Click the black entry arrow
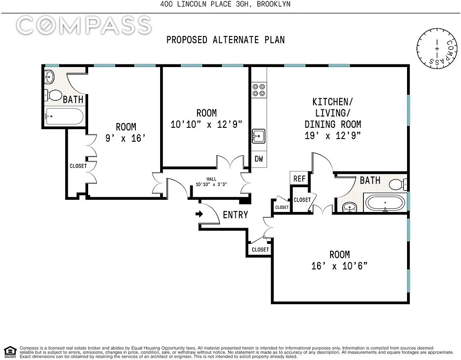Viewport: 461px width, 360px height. click(199, 214)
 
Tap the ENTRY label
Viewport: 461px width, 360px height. click(236, 215)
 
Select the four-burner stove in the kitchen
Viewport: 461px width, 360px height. click(259, 90)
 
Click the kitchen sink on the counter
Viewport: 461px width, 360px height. click(259, 136)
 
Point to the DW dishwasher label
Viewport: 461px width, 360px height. click(259, 159)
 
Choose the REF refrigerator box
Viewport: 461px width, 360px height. click(299, 179)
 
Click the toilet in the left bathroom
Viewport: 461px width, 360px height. click(53, 95)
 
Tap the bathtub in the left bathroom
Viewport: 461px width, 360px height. click(64, 117)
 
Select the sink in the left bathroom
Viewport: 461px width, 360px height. click(49, 77)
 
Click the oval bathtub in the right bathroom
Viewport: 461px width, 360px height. click(385, 202)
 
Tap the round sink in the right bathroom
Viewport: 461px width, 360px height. click(349, 207)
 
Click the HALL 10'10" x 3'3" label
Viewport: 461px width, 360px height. click(211, 182)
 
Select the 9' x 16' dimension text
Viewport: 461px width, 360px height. click(125, 138)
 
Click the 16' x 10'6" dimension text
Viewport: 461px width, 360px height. click(339, 266)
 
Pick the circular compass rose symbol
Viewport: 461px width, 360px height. click(437, 49)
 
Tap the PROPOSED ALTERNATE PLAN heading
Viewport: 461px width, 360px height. click(225, 40)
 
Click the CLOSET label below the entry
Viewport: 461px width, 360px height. click(260, 250)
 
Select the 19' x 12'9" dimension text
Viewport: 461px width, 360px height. click(333, 135)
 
